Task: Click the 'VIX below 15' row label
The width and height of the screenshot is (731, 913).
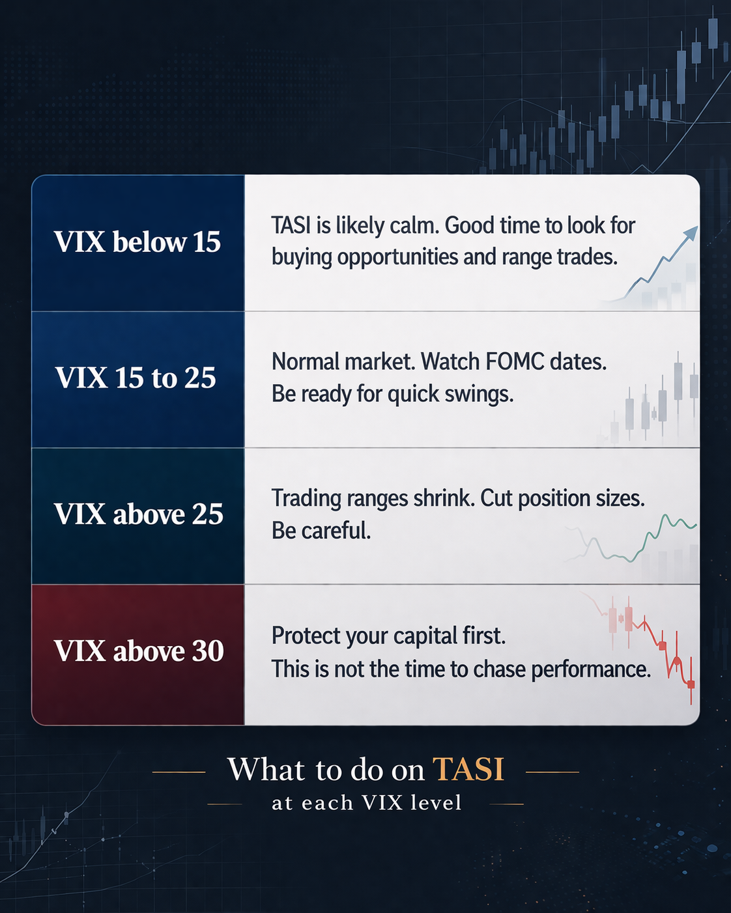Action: (137, 242)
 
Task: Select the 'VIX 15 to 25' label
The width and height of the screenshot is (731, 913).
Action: (136, 377)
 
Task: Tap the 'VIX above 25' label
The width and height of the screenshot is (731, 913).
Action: (138, 514)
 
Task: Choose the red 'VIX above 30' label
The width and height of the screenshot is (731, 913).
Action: (138, 651)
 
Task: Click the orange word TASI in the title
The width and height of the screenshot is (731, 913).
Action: (468, 768)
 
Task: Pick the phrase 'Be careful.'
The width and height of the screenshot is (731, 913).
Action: (321, 530)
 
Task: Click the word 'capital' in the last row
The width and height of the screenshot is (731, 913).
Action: (425, 636)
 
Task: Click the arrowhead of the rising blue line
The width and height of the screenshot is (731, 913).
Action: (691, 232)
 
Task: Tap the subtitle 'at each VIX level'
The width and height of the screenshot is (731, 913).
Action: (366, 803)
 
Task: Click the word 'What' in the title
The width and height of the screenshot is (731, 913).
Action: (266, 768)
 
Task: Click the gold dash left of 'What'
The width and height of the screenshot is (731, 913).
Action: (179, 772)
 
